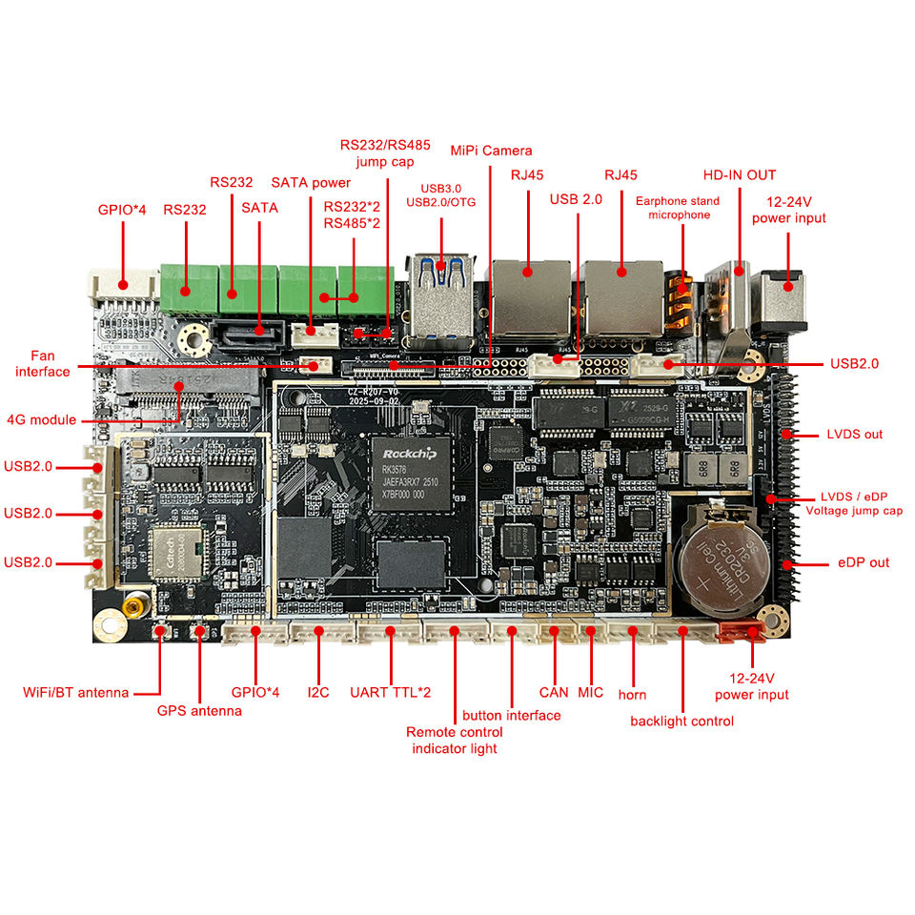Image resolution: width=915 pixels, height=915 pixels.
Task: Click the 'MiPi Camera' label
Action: pyautogui.click(x=492, y=151)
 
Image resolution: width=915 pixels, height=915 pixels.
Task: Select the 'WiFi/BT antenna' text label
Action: pyautogui.click(x=75, y=692)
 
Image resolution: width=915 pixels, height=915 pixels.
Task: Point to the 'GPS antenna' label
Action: pyautogui.click(x=199, y=711)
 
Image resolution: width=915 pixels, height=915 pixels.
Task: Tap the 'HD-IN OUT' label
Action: pyautogui.click(x=740, y=175)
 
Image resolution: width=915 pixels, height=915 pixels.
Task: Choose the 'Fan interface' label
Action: pyautogui.click(x=43, y=363)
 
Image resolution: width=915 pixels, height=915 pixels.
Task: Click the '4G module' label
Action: pyautogui.click(x=41, y=419)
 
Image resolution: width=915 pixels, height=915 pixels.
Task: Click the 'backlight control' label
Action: pyautogui.click(x=681, y=721)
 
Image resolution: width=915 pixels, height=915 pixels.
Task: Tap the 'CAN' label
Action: pyautogui.click(x=554, y=692)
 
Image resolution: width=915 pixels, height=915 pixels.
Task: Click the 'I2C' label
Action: pyautogui.click(x=317, y=692)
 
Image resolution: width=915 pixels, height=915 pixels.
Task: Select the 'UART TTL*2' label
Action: pyautogui.click(x=390, y=692)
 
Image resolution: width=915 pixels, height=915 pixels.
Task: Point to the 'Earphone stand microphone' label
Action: pyautogui.click(x=680, y=208)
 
